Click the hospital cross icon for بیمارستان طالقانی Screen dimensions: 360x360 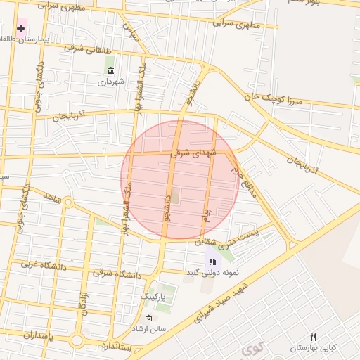point(21,29)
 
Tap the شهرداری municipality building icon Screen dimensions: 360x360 point(111,69)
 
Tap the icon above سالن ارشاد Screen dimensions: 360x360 point(148,319)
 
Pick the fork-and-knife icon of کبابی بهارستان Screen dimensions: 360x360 point(314,337)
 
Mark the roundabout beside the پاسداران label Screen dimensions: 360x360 point(76,340)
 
